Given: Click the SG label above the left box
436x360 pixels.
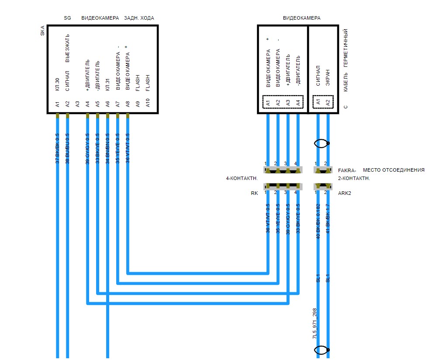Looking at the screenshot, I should pos(67,18).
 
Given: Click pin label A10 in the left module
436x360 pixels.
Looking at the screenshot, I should pos(148,104).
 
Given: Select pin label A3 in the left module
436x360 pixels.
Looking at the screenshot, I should pos(78,104).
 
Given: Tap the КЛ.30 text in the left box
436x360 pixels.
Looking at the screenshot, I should pos(57,84).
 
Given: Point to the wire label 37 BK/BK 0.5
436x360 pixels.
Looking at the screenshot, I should pos(57,148).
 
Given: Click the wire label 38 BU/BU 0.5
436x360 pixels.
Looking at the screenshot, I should pos(67,148).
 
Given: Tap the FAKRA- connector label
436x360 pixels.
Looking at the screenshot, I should pos(347,170).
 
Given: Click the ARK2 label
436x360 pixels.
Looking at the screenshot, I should pos(345,193).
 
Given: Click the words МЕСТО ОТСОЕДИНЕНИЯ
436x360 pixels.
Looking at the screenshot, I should pos(394,170).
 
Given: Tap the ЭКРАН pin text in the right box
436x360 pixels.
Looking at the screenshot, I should pos(328,79).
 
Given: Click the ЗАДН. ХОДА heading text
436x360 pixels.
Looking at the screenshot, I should pos(139,18).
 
